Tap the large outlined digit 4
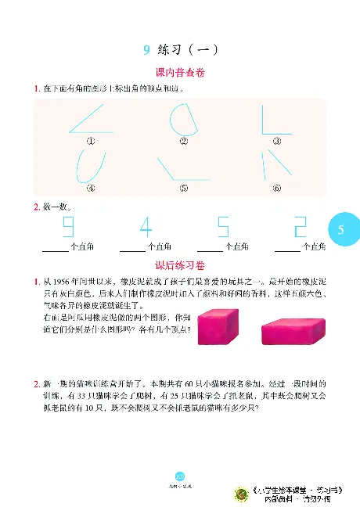(146, 228)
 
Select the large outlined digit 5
(223, 228)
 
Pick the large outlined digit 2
(300, 228)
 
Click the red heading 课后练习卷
(180, 264)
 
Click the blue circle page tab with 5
(341, 230)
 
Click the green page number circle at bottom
(179, 475)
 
